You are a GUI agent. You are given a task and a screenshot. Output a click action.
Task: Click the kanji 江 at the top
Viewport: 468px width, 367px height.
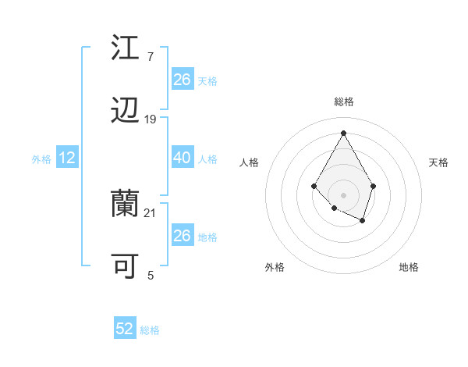coord(125,48)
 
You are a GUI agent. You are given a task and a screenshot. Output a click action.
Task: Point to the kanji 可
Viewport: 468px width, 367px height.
coord(125,267)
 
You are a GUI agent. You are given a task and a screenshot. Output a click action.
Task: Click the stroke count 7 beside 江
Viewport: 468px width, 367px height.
coord(150,57)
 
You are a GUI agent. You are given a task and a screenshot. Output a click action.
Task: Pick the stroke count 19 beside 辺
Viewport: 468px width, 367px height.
coord(151,119)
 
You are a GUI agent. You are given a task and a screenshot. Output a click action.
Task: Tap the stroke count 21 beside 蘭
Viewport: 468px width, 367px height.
coord(151,212)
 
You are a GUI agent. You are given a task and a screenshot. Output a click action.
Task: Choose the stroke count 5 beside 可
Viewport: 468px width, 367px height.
coord(151,275)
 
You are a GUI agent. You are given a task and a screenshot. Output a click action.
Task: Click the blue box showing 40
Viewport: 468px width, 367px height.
coord(182,158)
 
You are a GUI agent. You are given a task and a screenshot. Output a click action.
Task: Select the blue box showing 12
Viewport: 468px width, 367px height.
coord(67,158)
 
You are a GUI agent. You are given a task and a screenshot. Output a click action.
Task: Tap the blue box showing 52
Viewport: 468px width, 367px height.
coord(125,329)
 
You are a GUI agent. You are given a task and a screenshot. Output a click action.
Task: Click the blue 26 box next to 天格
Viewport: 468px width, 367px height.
coord(182,80)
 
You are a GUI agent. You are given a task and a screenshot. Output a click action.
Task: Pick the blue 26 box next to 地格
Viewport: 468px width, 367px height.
coord(182,236)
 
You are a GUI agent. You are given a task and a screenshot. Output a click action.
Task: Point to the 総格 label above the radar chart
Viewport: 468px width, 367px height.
coord(344,102)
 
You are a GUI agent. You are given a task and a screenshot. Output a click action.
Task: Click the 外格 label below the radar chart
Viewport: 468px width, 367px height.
coord(275,267)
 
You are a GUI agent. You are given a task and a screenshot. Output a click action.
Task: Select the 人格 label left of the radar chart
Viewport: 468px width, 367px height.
coord(250,162)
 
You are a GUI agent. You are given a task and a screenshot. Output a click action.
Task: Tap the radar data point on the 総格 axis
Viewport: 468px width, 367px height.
coord(343,132)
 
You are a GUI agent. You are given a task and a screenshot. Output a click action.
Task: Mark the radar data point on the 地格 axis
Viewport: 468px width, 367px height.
coord(363,221)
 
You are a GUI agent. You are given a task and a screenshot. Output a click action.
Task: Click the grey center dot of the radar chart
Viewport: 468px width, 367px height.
coord(343,194)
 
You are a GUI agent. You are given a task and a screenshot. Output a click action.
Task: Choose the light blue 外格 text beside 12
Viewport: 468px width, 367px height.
coord(41,159)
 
